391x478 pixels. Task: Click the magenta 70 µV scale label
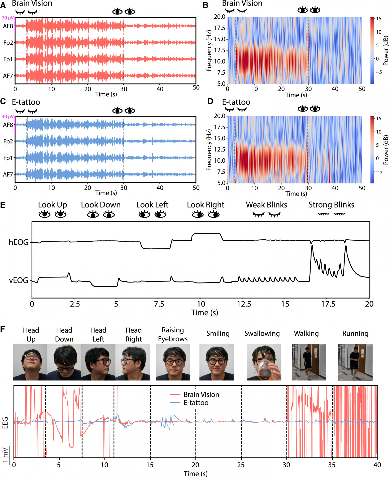[x=8, y=18]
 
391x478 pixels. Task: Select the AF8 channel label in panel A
[x=8, y=26]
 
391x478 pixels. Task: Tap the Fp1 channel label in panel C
[x=8, y=158]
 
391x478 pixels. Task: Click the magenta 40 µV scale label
[x=8, y=117]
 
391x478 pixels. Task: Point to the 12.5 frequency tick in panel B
[x=220, y=50]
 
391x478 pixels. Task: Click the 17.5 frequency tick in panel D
[x=220, y=127]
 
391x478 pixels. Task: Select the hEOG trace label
[x=19, y=242]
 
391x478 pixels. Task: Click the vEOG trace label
[x=19, y=280]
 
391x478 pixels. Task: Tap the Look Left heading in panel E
[x=152, y=205]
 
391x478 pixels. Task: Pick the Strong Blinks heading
[x=331, y=205]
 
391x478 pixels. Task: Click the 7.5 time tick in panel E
[x=159, y=304]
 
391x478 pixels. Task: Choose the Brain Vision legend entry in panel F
[x=201, y=395]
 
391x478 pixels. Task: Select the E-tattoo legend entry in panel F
[x=196, y=403]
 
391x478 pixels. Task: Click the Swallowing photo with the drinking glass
[x=264, y=362]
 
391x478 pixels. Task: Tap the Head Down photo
[x=64, y=362]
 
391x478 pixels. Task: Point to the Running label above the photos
[x=355, y=333]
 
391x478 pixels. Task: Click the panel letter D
[x=210, y=102]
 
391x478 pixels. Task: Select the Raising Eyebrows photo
[x=173, y=362]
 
